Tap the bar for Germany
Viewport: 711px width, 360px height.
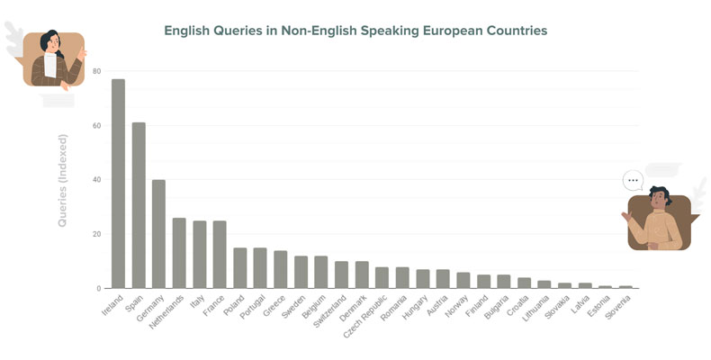pos(158,234)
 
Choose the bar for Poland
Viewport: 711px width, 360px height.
pos(240,268)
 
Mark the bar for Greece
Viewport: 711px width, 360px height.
pos(281,269)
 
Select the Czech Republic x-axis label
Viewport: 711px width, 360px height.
pos(365,319)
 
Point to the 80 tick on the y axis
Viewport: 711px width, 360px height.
pos(97,71)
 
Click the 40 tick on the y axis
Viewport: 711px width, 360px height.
pos(97,180)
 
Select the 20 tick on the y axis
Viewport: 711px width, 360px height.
pos(97,234)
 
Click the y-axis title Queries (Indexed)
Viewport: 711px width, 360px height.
pos(63,180)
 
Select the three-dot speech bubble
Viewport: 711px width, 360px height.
pos(634,180)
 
